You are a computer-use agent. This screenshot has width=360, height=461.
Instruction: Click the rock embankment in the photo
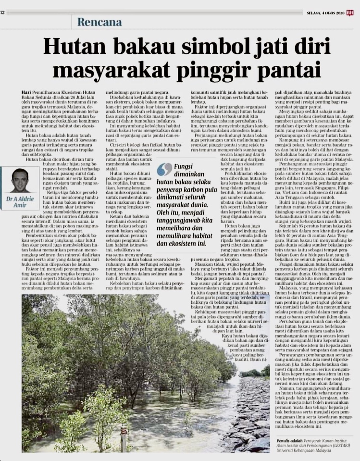[250, 409]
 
